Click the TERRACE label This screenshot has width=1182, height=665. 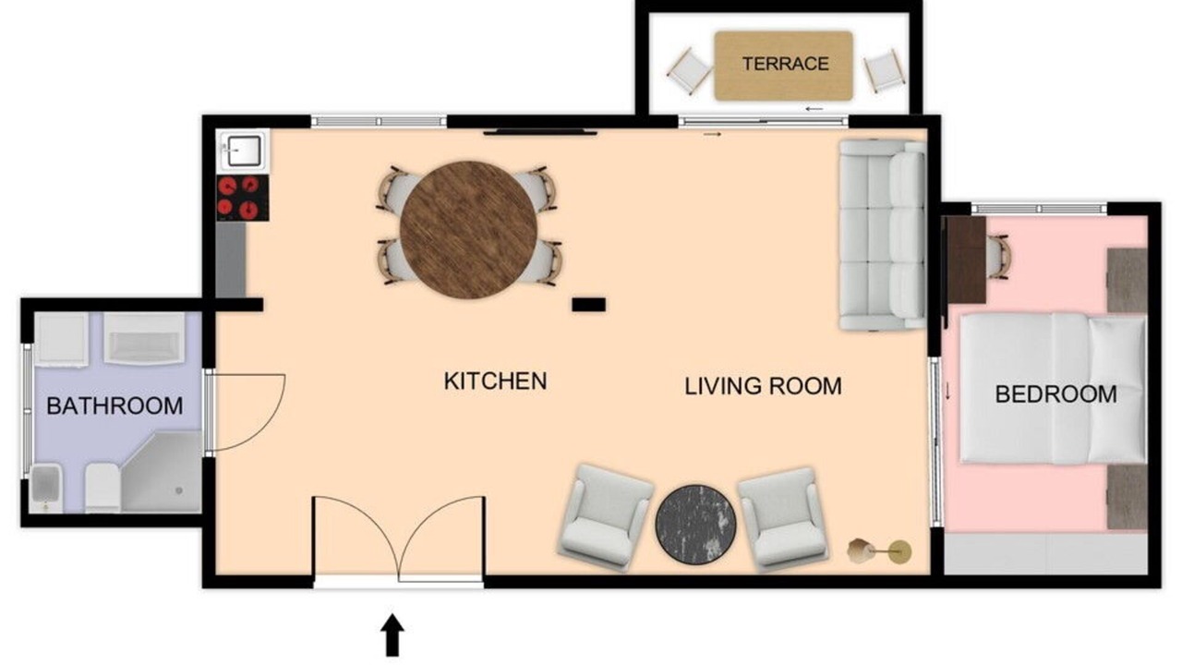pos(785,64)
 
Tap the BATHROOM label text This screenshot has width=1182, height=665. pos(115,405)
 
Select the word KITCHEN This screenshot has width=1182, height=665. pos(495,381)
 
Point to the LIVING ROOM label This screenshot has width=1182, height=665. pos(763,386)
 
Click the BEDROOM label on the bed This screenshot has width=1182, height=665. pos(1055,394)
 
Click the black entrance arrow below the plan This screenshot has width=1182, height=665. pos(392,635)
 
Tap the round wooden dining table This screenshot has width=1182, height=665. pos(468,230)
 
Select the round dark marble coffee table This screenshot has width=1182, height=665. pos(695,524)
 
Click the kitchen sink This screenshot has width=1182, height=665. pos(243,150)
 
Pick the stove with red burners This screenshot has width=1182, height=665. pos(243,198)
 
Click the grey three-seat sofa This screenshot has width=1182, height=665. pos(883,236)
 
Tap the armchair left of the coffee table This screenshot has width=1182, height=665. pos(605,518)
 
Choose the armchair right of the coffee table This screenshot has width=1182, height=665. pos(784,519)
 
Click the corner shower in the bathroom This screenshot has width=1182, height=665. pos(162,471)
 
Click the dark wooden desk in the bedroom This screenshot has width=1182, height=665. pos(967,260)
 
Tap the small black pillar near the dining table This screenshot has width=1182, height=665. pos(589,305)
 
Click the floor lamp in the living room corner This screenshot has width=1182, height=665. pos(880,551)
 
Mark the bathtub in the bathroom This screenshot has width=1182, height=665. pos(145,338)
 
